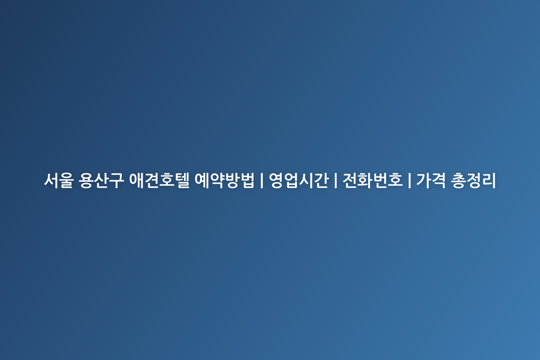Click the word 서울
59,180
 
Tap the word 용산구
101,180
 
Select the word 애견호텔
159,180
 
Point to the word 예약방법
225,180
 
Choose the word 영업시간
299,180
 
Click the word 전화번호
373,180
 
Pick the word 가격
431,180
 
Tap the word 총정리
473,180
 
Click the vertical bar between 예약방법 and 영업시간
262,180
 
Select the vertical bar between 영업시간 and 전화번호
336,180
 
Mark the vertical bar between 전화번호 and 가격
409,180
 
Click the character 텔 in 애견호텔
182,180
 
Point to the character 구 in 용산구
117,180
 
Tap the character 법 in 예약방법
247,180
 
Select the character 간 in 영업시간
322,180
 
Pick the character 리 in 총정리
489,180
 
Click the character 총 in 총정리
458,180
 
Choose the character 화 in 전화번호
365,180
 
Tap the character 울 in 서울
67,180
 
